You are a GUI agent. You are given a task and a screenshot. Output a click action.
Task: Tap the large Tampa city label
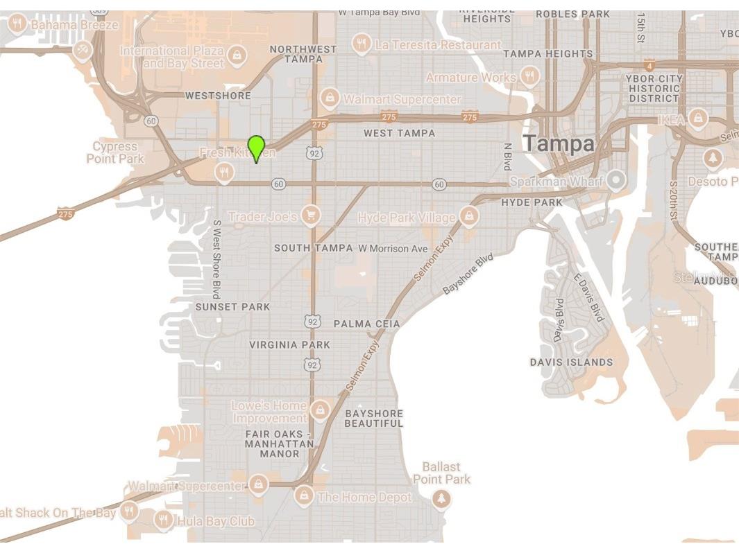(x=559, y=144)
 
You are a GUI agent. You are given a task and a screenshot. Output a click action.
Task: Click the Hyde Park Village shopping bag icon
(x=470, y=216)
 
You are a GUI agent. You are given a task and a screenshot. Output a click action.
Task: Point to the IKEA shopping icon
(x=697, y=119)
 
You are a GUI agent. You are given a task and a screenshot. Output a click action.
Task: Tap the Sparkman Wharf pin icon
(x=615, y=180)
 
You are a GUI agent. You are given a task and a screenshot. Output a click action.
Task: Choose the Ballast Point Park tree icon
(x=441, y=498)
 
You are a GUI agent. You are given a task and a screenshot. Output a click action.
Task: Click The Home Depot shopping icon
(x=303, y=495)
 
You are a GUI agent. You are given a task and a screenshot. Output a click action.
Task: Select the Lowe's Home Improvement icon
(x=319, y=410)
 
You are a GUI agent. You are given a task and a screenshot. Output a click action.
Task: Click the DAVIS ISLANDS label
(x=571, y=362)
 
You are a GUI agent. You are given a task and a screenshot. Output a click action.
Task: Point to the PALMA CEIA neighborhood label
(x=366, y=324)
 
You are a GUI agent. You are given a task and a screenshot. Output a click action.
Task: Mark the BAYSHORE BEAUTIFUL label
(x=373, y=418)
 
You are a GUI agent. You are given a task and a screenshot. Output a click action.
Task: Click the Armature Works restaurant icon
(x=529, y=76)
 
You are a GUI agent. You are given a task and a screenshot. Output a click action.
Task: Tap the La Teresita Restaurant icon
(x=360, y=44)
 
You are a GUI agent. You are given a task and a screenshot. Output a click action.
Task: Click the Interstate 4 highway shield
(x=649, y=65)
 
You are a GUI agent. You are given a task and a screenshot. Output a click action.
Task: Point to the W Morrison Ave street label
(x=393, y=248)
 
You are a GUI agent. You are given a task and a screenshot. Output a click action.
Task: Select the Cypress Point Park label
(x=115, y=152)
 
